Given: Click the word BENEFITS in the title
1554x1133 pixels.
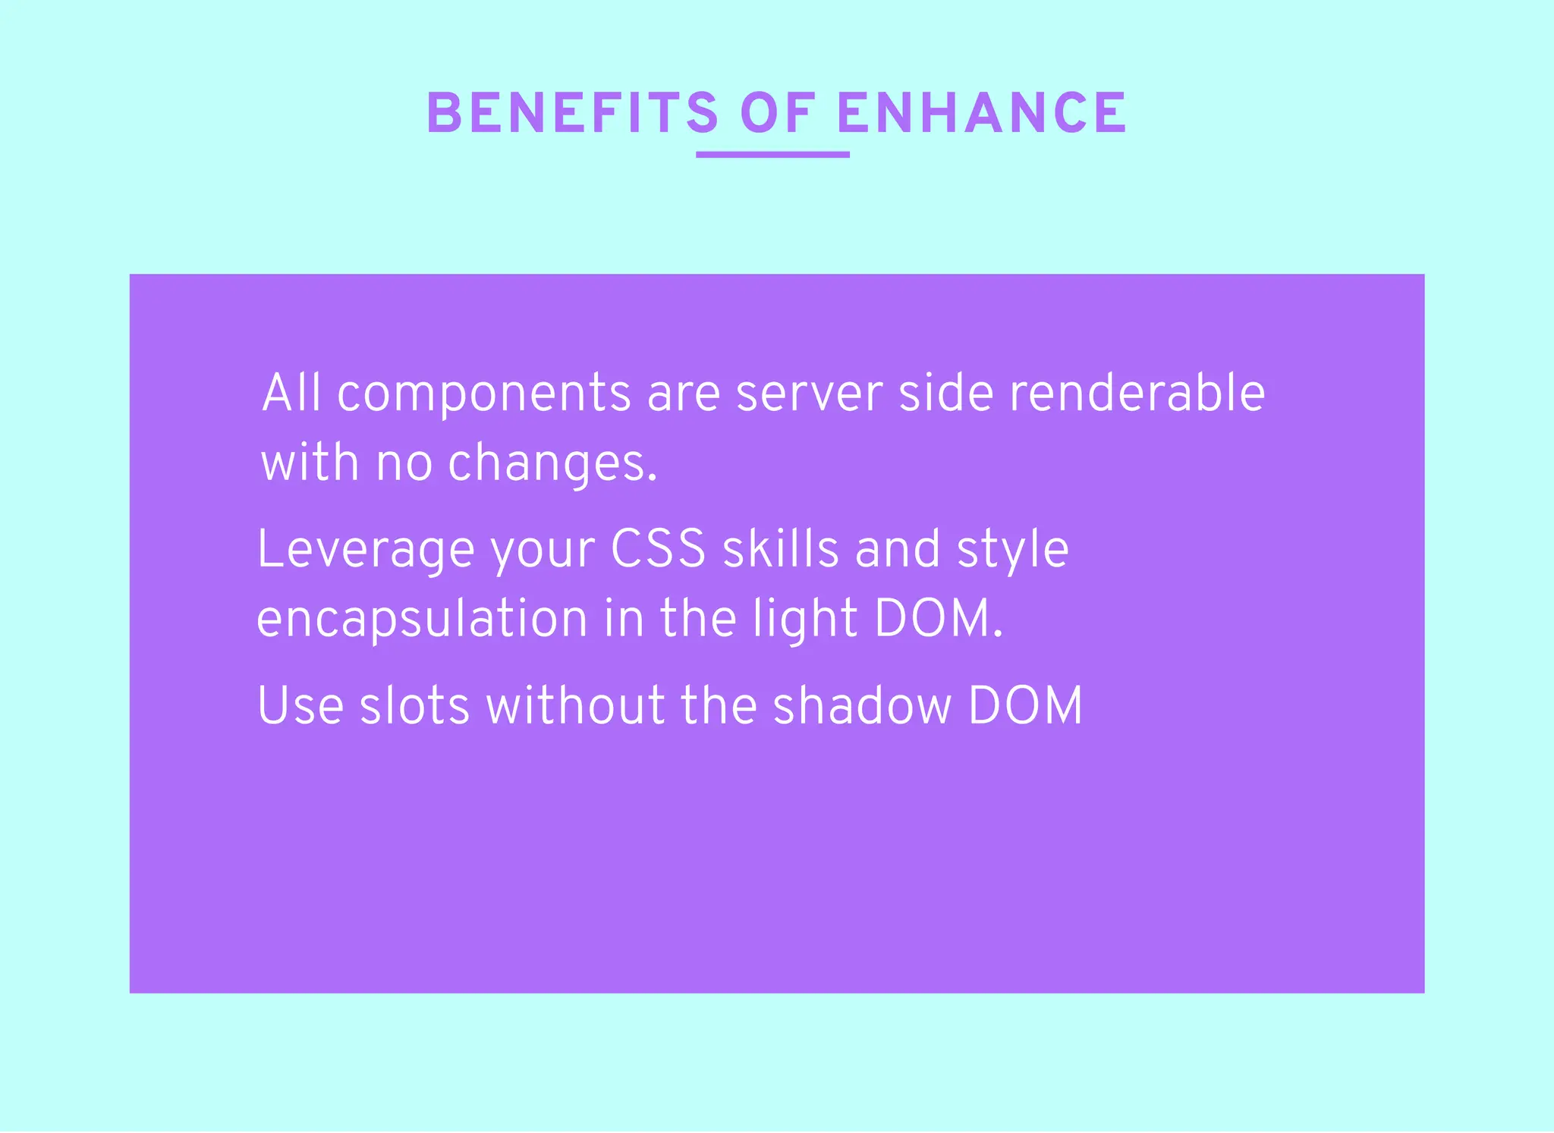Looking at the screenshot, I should pyautogui.click(x=572, y=114).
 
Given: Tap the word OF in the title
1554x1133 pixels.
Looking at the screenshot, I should pyautogui.click(x=778, y=114).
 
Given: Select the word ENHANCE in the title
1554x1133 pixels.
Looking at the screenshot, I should pyautogui.click(x=982, y=114).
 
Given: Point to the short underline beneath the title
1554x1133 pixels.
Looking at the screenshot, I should pyautogui.click(x=772, y=155).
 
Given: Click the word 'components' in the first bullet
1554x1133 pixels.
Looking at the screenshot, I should pyautogui.click(x=484, y=394).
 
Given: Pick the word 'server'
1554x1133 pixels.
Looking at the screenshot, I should pyautogui.click(x=810, y=394).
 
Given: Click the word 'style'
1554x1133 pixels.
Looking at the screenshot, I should pyautogui.click(x=1013, y=551).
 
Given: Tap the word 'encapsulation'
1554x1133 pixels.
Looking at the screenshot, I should pyautogui.click(x=422, y=620).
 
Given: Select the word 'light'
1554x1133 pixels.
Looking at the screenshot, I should pyautogui.click(x=805, y=619).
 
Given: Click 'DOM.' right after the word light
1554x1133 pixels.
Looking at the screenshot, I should pyautogui.click(x=939, y=619).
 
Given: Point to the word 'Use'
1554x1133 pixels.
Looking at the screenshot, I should pyautogui.click(x=300, y=706).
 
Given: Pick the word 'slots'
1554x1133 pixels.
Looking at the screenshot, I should pyautogui.click(x=414, y=706).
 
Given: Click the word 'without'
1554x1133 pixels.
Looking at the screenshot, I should pyautogui.click(x=575, y=706).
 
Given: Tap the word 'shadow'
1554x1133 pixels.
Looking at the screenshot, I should pyautogui.click(x=862, y=706).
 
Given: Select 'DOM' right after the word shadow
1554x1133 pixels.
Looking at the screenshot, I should pyautogui.click(x=1025, y=706).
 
